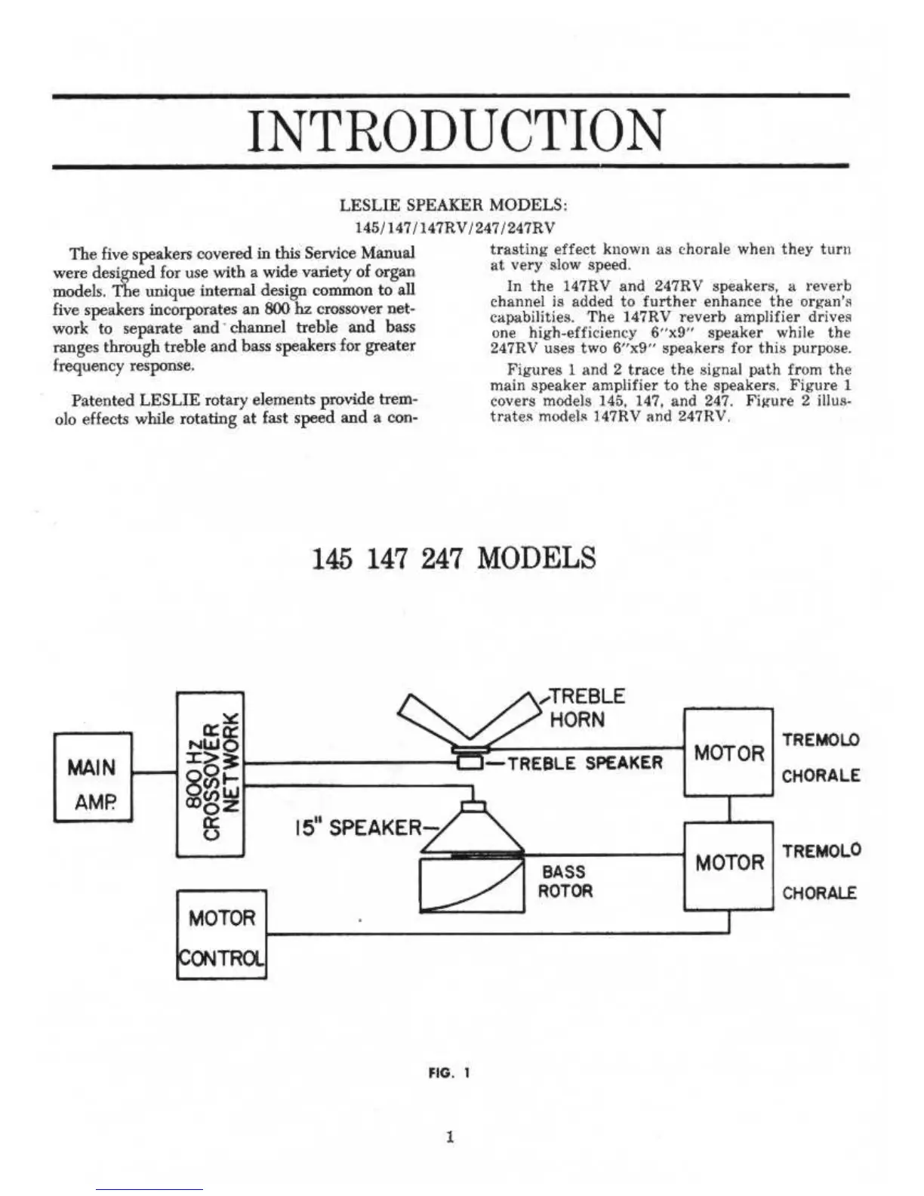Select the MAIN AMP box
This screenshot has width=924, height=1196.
(x=93, y=777)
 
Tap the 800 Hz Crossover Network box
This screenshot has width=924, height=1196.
(x=210, y=773)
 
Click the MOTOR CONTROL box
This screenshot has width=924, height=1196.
(x=221, y=935)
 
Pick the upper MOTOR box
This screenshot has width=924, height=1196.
(x=728, y=752)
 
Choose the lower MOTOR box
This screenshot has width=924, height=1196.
(x=728, y=863)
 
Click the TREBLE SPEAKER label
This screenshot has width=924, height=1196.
(x=585, y=763)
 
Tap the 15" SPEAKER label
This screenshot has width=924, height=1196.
(x=355, y=828)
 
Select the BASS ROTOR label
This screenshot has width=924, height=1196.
(x=565, y=882)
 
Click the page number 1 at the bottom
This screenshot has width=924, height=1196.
(x=450, y=1136)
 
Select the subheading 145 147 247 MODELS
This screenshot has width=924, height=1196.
(x=454, y=559)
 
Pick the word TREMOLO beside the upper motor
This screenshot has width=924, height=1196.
(x=821, y=740)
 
